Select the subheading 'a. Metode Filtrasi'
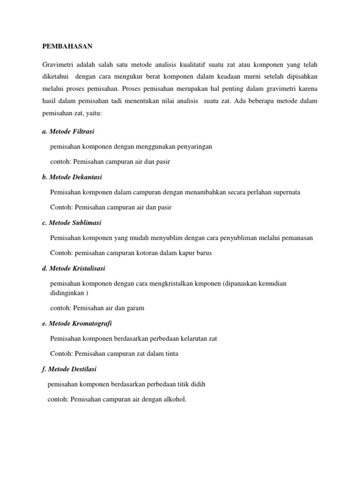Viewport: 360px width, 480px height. click(x=68, y=131)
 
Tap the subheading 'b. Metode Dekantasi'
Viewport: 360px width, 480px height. click(x=72, y=177)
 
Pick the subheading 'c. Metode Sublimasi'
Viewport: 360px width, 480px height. click(x=71, y=222)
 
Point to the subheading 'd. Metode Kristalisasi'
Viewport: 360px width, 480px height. click(x=74, y=268)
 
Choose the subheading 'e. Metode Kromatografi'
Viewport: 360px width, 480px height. click(x=77, y=323)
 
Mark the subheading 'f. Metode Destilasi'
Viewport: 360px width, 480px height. click(x=69, y=369)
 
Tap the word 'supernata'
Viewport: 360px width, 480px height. click(x=285, y=192)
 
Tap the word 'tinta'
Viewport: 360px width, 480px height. click(x=171, y=353)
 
